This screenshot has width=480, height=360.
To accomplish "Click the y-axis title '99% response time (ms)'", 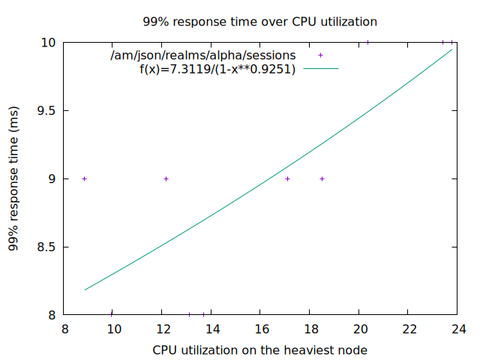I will click(x=14, y=178).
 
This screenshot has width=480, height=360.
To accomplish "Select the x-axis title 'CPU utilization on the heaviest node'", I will click(x=259, y=349).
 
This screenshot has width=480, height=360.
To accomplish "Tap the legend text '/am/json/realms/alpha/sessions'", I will click(x=202, y=55).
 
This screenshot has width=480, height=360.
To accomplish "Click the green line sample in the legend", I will click(x=320, y=69).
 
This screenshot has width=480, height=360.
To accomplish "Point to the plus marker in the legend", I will click(x=320, y=55).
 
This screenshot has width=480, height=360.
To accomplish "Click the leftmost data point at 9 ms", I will click(x=84, y=178).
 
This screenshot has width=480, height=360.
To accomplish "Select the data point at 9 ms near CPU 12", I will click(x=166, y=178).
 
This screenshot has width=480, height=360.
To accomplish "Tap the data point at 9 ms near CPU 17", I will click(x=287, y=178).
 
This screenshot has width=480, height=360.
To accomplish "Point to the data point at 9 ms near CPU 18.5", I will click(x=322, y=178).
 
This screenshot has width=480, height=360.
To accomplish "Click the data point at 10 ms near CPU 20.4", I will click(x=367, y=42).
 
